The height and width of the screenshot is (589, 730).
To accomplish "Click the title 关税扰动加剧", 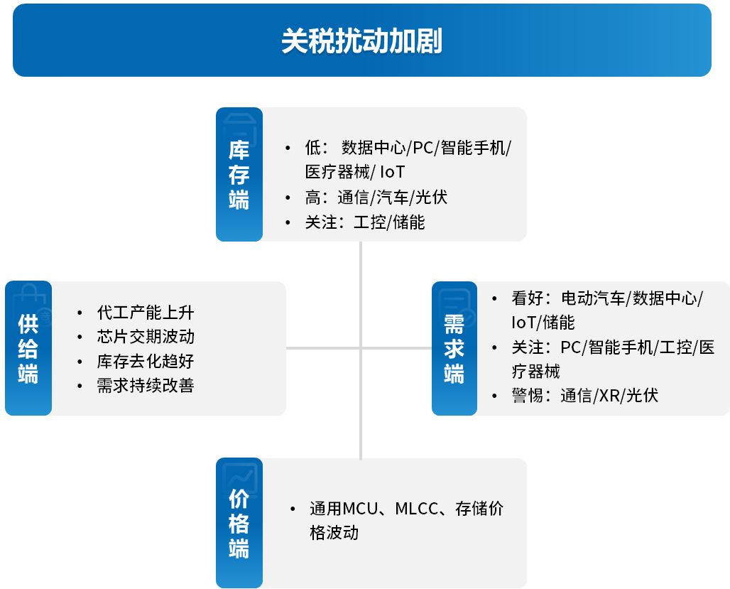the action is click(361, 41).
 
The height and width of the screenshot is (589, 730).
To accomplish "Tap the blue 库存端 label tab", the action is click(239, 174).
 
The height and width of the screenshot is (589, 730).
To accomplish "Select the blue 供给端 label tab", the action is click(28, 348).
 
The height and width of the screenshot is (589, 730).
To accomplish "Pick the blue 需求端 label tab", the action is click(454, 348).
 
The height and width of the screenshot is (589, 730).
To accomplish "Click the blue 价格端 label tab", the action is click(239, 523).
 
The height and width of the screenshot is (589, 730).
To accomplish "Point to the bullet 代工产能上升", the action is click(146, 313).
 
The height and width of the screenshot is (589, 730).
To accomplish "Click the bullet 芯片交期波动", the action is click(146, 337).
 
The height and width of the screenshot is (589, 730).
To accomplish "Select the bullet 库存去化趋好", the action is click(146, 361).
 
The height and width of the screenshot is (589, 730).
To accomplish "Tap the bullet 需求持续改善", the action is click(146, 385).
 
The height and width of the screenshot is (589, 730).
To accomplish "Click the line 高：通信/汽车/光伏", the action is click(376, 198).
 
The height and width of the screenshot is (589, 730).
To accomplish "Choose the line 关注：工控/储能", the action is click(365, 222).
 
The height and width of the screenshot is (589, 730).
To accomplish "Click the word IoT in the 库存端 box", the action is click(393, 172).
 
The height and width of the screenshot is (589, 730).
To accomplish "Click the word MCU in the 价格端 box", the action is click(360, 509).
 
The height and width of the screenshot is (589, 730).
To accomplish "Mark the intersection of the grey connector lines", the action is click(361, 348).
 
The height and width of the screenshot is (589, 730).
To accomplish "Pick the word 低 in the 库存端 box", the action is click(313, 148).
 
